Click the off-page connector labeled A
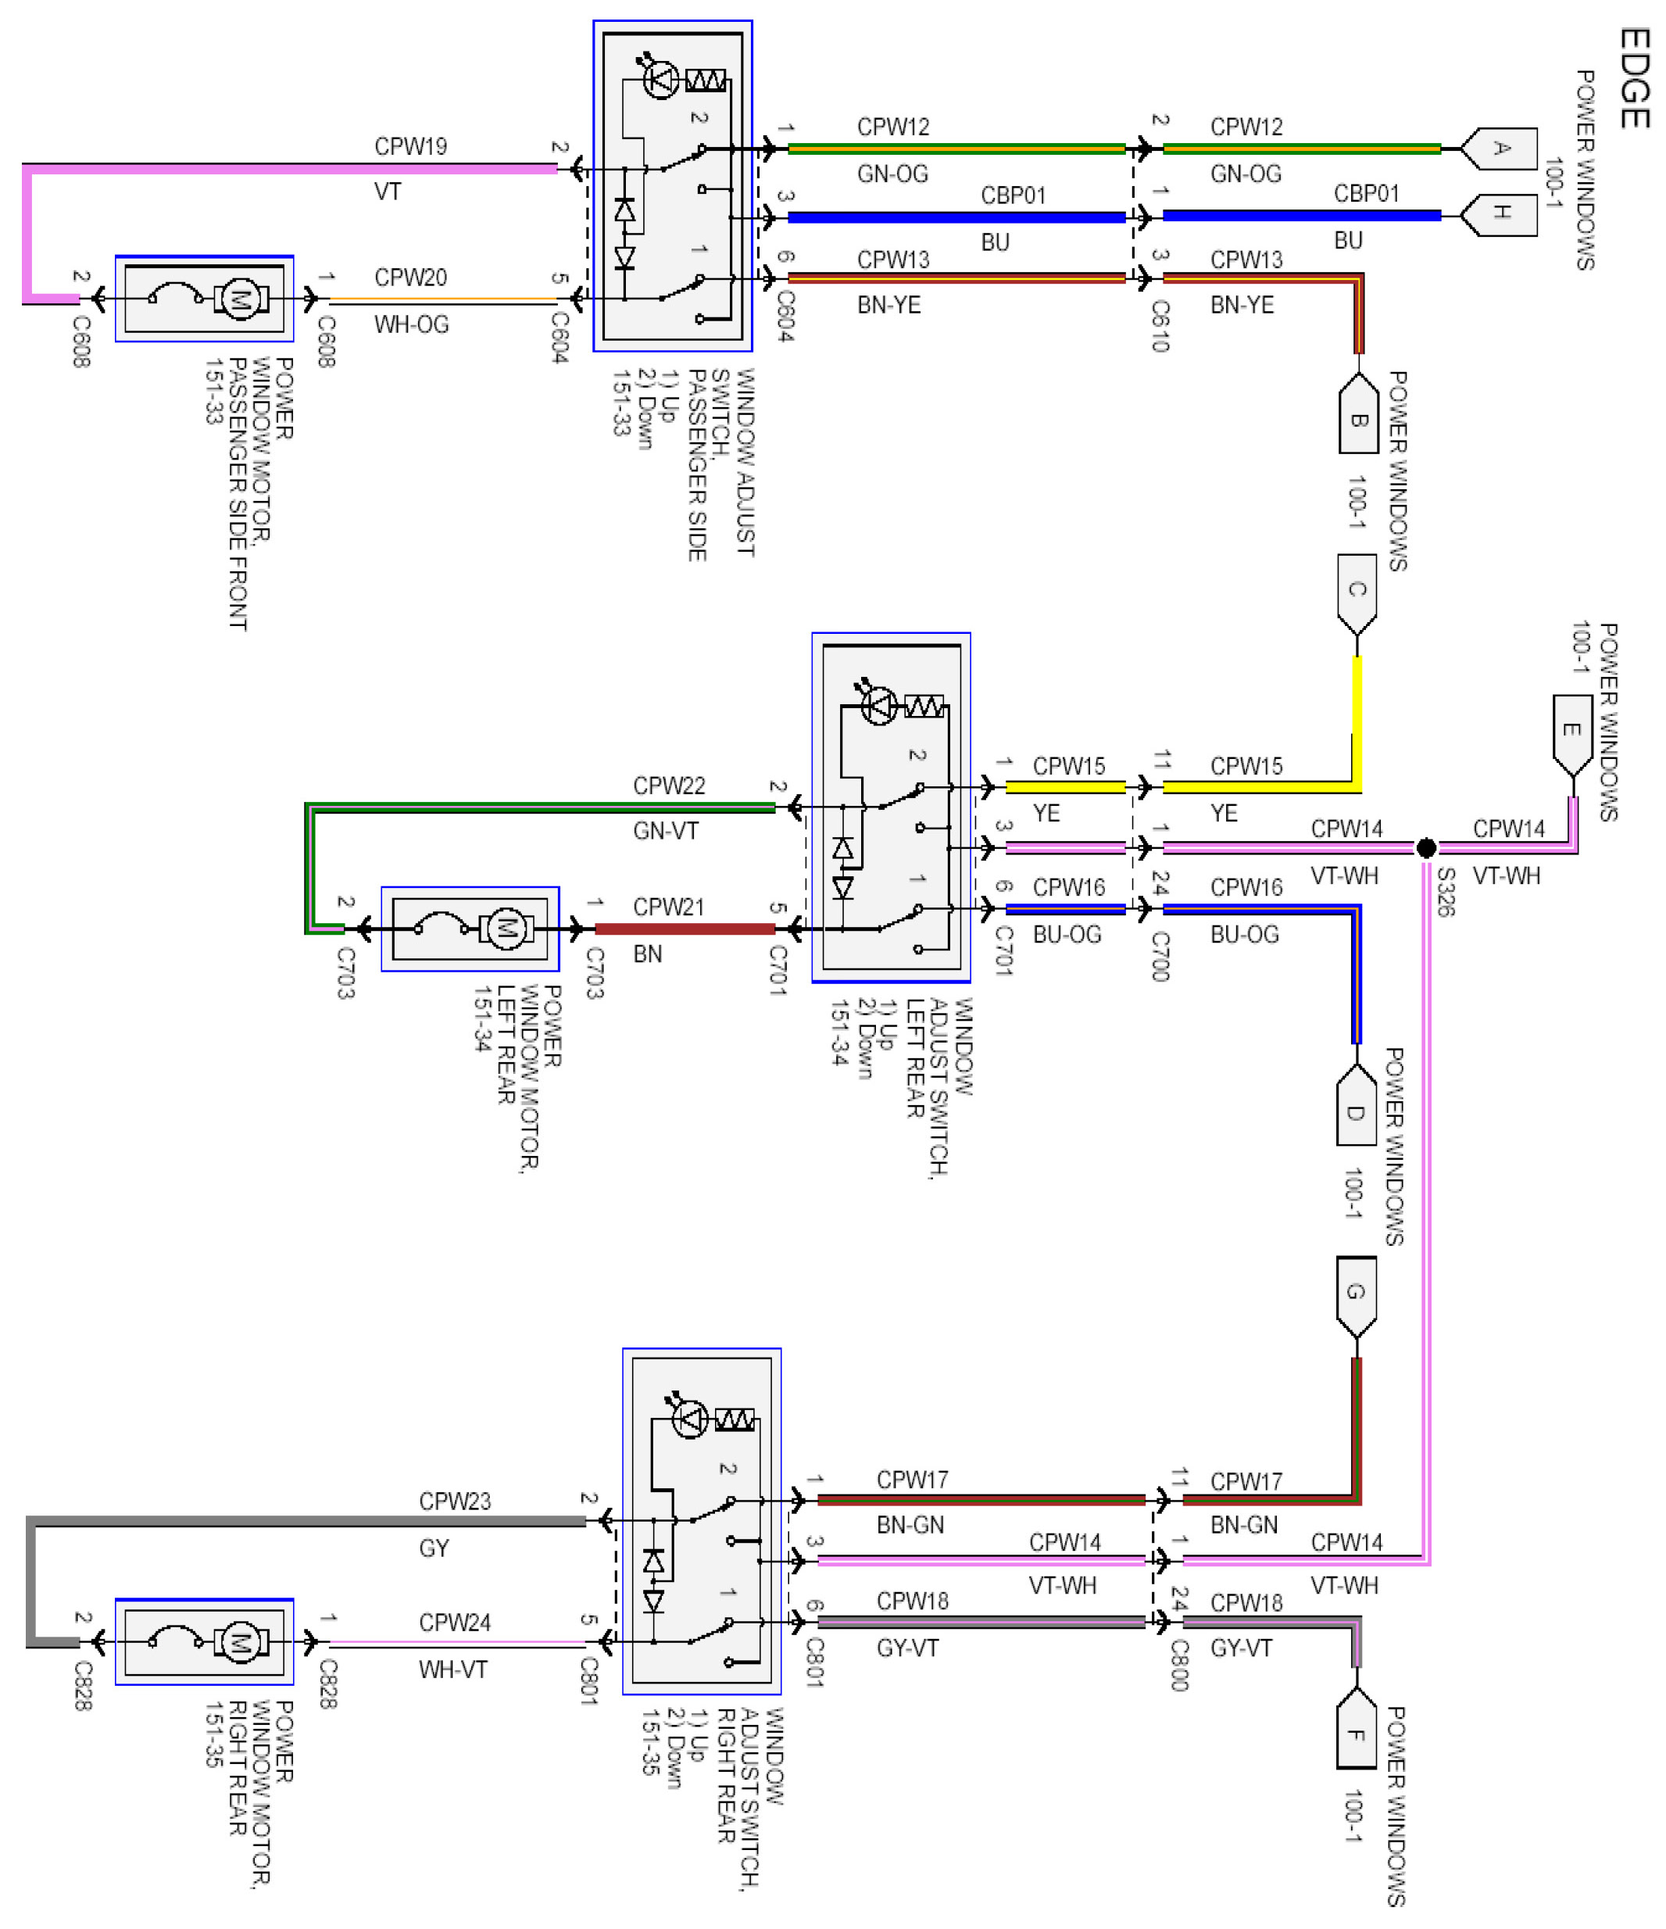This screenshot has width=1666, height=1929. click(1499, 148)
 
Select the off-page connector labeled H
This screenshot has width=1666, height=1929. click(1499, 214)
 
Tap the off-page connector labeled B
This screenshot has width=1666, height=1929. click(1358, 413)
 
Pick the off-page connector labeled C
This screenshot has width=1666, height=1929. click(1357, 595)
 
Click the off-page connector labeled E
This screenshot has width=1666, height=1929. click(1573, 735)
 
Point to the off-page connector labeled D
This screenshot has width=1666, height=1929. click(1356, 1105)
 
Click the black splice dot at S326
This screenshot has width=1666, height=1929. click(1426, 848)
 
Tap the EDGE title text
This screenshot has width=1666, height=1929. click(1636, 78)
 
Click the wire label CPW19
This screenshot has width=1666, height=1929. click(410, 146)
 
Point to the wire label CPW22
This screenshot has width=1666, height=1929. click(669, 786)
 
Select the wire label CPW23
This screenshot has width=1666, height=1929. click(454, 1501)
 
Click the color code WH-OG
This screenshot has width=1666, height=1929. click(411, 324)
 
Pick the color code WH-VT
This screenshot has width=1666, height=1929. click(453, 1670)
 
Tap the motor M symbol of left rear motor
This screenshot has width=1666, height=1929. click(506, 929)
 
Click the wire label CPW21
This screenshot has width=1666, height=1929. click(669, 907)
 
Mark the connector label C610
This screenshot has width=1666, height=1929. click(1160, 326)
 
